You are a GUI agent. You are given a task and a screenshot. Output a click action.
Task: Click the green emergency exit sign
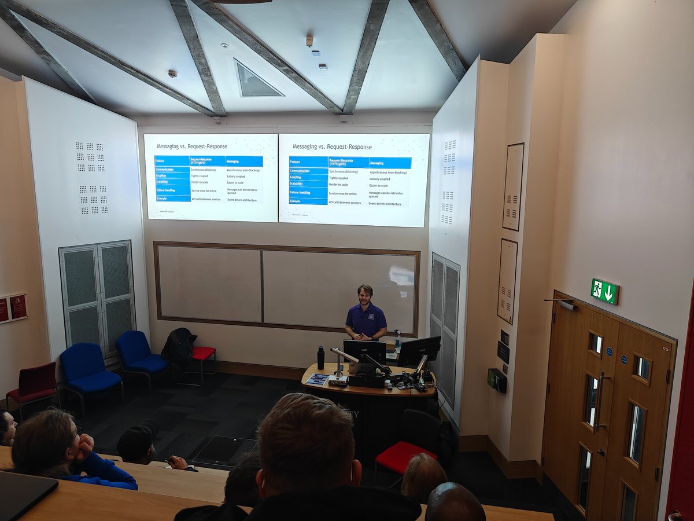604,291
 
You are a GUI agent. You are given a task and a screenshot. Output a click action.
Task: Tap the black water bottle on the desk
320,358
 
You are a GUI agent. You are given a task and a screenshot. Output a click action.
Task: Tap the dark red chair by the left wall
32,384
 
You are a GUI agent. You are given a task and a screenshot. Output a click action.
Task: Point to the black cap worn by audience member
137,442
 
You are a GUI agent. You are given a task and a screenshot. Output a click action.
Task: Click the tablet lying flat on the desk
318,379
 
